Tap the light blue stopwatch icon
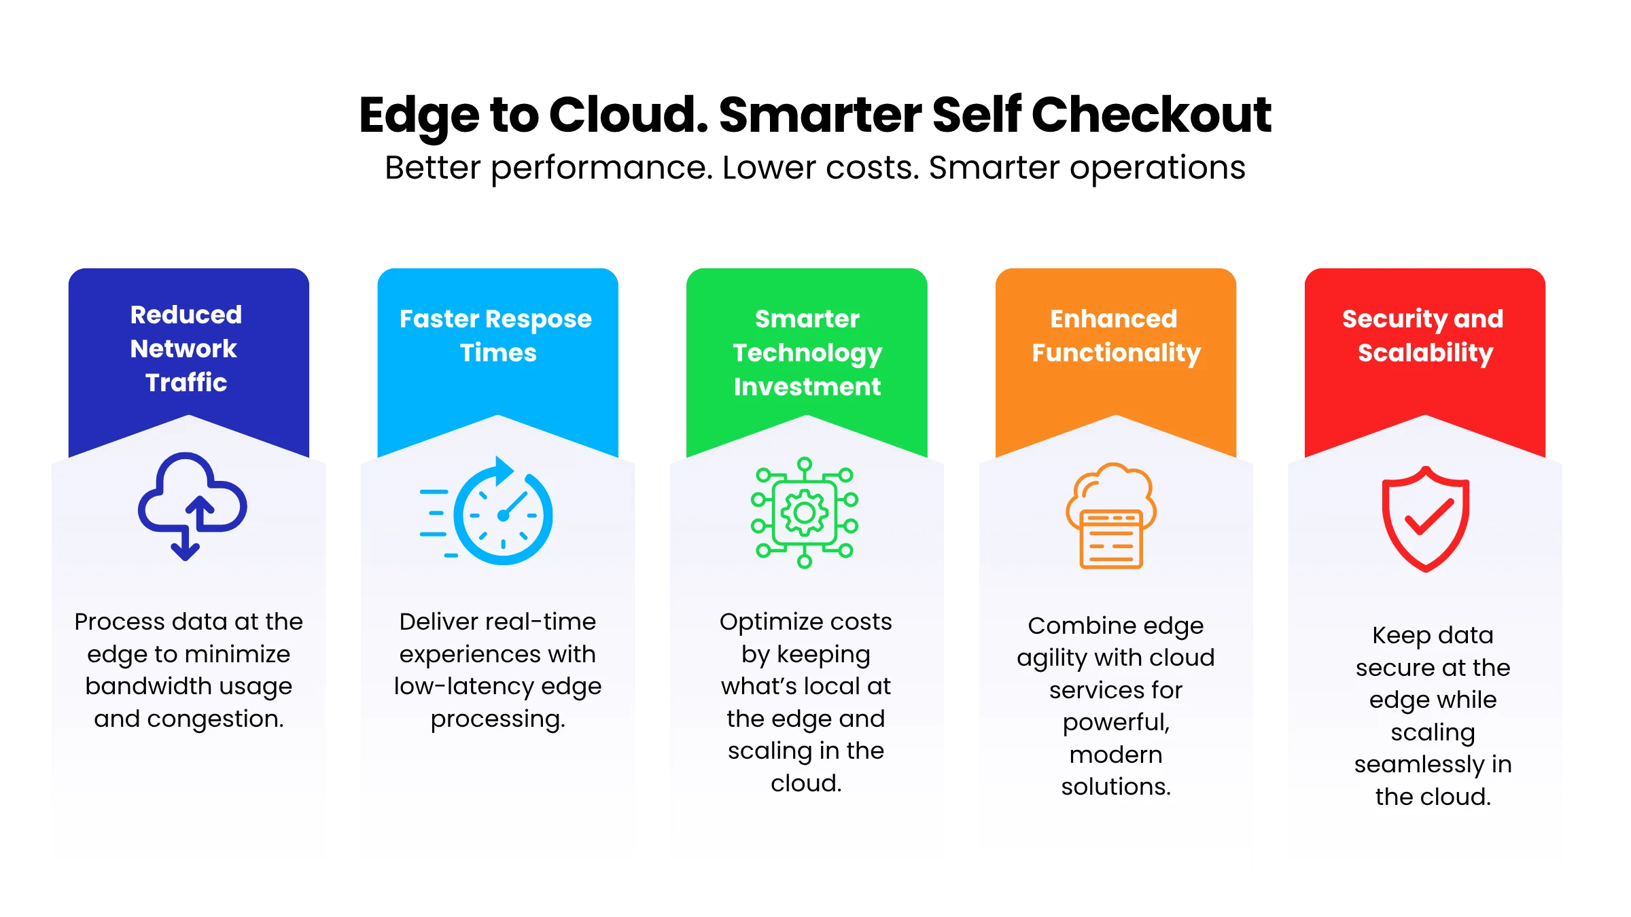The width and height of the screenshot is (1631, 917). click(487, 511)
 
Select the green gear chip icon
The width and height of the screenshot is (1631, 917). click(805, 513)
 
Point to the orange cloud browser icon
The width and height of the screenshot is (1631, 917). click(1111, 516)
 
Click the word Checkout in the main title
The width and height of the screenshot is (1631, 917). click(1151, 115)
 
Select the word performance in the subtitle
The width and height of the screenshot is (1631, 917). click(601, 168)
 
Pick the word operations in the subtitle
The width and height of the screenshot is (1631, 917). click(1157, 168)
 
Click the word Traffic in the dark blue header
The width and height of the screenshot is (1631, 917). click(186, 382)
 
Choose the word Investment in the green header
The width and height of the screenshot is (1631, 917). click(807, 386)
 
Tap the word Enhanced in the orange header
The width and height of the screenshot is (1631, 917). click(1114, 319)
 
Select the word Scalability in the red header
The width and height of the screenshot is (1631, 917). click(1426, 353)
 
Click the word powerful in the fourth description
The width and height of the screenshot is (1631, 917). click(1116, 723)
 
